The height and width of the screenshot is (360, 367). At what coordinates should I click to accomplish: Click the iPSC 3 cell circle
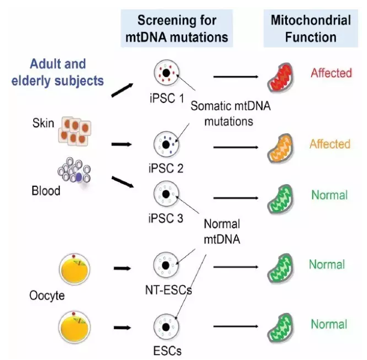(165, 195)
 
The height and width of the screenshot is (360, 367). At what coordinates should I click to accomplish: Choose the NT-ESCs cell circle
(165, 265)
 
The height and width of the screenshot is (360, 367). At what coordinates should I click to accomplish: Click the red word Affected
(330, 73)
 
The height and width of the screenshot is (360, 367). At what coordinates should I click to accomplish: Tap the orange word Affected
(330, 144)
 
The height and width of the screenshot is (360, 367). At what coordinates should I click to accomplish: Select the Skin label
(43, 123)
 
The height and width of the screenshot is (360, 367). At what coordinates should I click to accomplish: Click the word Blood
(45, 191)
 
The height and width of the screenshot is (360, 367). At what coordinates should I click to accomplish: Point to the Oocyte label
(46, 295)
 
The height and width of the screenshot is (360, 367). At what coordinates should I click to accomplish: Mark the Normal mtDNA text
(222, 231)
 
